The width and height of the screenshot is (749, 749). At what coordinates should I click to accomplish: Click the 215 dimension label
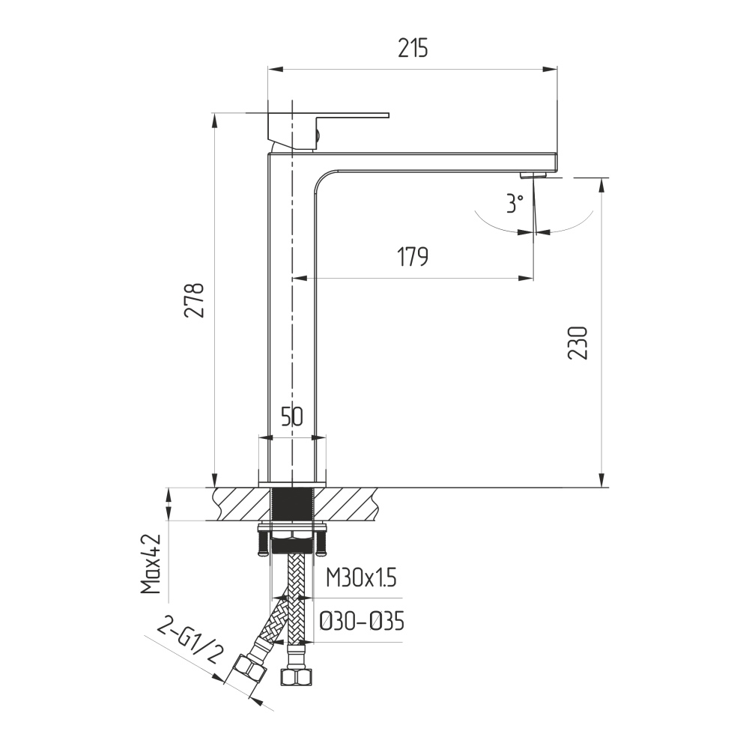click(x=413, y=48)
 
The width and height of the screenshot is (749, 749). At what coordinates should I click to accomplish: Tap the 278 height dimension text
click(x=195, y=300)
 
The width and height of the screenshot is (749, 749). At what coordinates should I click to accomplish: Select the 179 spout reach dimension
click(x=413, y=256)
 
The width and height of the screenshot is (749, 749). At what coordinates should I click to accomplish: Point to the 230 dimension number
click(x=578, y=342)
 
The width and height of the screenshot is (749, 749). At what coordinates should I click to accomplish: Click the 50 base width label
click(x=292, y=416)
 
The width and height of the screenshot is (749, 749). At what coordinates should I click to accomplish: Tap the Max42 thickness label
click(x=151, y=564)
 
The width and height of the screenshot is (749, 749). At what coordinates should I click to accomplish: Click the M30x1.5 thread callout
click(x=361, y=578)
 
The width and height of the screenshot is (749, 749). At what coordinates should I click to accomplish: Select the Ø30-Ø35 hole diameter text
click(x=362, y=622)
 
